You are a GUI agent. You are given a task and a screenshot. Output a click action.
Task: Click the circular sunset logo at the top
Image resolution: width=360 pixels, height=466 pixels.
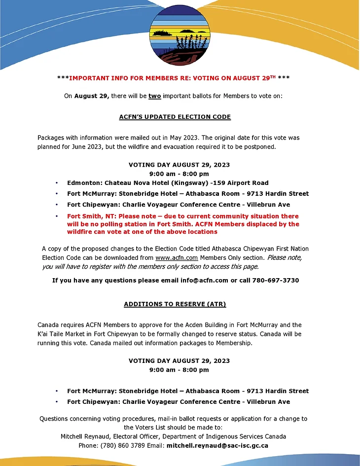click(x=180, y=34)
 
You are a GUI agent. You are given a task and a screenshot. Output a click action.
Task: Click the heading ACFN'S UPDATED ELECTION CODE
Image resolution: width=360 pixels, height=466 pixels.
click(x=175, y=117)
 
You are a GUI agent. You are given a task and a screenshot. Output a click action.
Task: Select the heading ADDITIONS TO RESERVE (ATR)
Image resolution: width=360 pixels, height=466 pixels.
click(x=175, y=304)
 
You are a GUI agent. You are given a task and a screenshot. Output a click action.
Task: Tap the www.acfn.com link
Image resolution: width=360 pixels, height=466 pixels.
click(x=170, y=257)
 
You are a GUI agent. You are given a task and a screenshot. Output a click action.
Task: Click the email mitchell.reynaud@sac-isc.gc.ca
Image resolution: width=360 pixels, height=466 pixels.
click(x=217, y=445)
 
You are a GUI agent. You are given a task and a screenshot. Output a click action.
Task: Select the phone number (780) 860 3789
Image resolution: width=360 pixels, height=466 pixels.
click(x=123, y=445)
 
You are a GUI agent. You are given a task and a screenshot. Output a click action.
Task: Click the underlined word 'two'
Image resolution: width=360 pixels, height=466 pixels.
click(x=154, y=96)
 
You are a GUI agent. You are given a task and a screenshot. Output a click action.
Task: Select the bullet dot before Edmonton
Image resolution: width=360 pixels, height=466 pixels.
click(x=57, y=183)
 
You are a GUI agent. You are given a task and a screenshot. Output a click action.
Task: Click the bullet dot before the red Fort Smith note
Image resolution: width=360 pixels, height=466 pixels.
click(x=57, y=216)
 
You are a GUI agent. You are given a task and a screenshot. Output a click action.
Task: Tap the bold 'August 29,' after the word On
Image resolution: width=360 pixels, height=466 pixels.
click(x=92, y=96)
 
